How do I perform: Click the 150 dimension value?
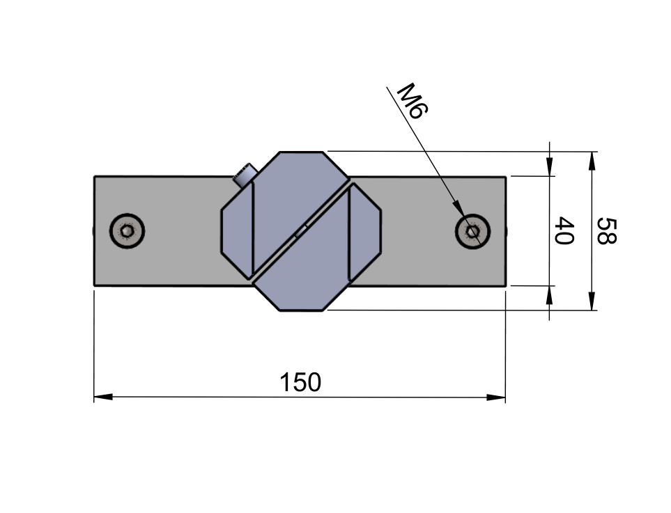(x=300, y=382)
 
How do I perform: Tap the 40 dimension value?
(x=564, y=230)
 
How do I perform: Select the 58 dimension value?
(x=606, y=231)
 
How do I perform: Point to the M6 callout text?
(x=412, y=101)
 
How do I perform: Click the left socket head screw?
(x=127, y=231)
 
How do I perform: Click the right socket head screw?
(x=472, y=231)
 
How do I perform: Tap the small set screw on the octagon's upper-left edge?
(x=245, y=175)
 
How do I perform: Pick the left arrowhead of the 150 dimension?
(x=103, y=397)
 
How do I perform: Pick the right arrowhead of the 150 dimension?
(x=496, y=397)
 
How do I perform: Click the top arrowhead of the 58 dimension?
(x=592, y=161)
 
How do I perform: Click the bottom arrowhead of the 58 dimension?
(x=592, y=301)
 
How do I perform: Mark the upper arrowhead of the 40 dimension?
(x=550, y=167)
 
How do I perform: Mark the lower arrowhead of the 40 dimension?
(x=550, y=295)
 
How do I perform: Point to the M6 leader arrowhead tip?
(x=464, y=216)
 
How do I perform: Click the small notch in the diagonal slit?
(x=301, y=231)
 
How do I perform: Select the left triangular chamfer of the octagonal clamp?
(x=238, y=231)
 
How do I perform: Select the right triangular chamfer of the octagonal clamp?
(x=364, y=232)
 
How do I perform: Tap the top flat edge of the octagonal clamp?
(x=301, y=152)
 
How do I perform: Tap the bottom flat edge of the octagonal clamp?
(x=302, y=310)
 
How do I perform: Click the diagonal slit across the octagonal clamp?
(x=301, y=231)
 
